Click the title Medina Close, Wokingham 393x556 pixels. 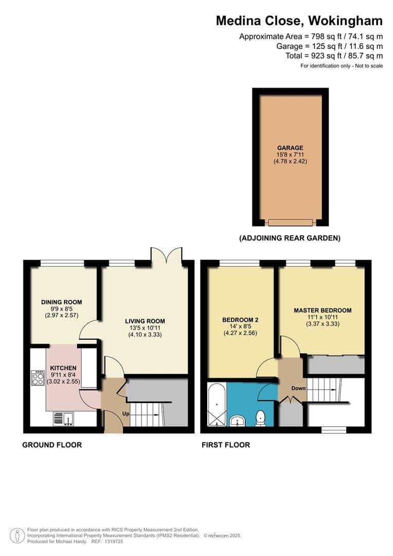coord(299,21)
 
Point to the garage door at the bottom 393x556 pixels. coord(290,222)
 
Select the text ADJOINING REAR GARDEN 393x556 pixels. coord(290,238)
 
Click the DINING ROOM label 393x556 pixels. coord(61,302)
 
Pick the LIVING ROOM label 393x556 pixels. coord(145,321)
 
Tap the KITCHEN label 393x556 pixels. coord(63,368)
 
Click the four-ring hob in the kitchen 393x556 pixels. coord(38,378)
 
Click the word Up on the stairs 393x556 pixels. coord(125,414)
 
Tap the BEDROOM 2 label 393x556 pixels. coord(240,320)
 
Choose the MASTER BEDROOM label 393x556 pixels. coord(323,310)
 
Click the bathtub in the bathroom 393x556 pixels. coord(216,404)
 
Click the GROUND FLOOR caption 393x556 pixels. coord(51,445)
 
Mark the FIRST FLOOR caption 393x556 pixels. coord(226,445)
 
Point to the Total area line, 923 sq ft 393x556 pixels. coord(334,56)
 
